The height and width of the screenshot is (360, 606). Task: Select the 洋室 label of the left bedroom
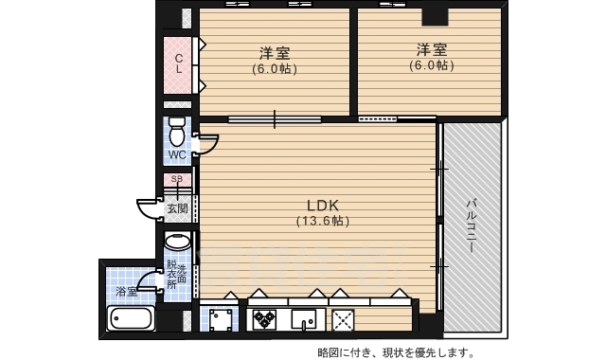tap(274, 51)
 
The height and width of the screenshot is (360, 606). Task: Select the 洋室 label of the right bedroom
tap(431, 48)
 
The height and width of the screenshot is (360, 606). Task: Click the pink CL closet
tap(179, 63)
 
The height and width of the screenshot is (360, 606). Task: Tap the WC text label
tap(177, 154)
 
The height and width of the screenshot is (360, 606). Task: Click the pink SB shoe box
tap(177, 179)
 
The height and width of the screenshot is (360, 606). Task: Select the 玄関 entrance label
tap(177, 208)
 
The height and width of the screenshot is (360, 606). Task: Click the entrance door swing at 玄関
tap(147, 208)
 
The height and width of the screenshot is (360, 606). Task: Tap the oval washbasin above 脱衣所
tap(177, 243)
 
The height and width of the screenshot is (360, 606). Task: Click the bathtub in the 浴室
tap(133, 318)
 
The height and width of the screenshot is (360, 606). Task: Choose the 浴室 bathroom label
tap(126, 292)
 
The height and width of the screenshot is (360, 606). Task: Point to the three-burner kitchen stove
tap(262, 318)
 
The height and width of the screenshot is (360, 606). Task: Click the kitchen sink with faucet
tap(305, 318)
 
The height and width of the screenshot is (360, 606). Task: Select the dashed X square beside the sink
tap(342, 318)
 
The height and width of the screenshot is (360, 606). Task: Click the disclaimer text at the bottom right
tap(396, 351)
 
